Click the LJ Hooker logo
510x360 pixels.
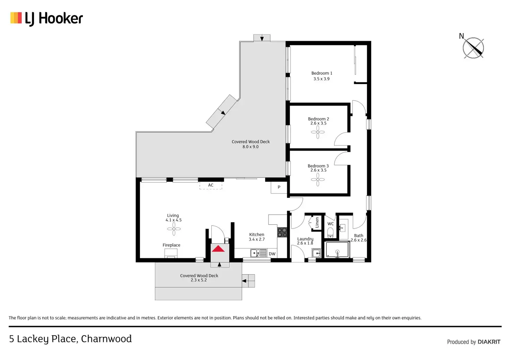click(46, 18)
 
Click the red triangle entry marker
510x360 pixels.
click(218, 249)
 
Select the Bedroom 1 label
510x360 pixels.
click(322, 73)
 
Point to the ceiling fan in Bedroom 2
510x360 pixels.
click(318, 132)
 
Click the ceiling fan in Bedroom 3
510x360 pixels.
click(318, 179)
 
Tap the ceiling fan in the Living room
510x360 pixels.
click(174, 228)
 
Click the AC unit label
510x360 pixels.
click(211, 185)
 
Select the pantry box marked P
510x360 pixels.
click(279, 187)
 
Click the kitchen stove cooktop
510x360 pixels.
click(282, 232)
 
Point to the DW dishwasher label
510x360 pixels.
click(272, 254)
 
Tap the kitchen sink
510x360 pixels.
click(255, 253)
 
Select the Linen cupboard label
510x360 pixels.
click(317, 223)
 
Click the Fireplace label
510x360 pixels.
click(172, 245)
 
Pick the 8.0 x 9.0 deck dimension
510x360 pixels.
click(250, 147)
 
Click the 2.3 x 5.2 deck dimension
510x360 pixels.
click(199, 280)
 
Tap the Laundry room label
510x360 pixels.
click(305, 239)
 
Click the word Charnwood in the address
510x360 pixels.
click(106, 339)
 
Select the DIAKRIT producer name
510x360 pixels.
click(489, 342)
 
